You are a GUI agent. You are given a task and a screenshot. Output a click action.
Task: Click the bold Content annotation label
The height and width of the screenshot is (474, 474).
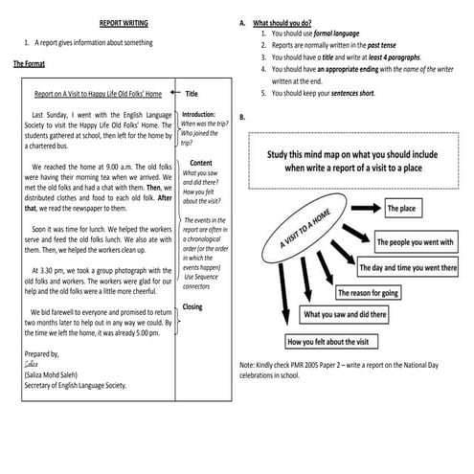pos(201,163)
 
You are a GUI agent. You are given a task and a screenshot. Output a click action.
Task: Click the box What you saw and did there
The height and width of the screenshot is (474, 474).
pos(346,314)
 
